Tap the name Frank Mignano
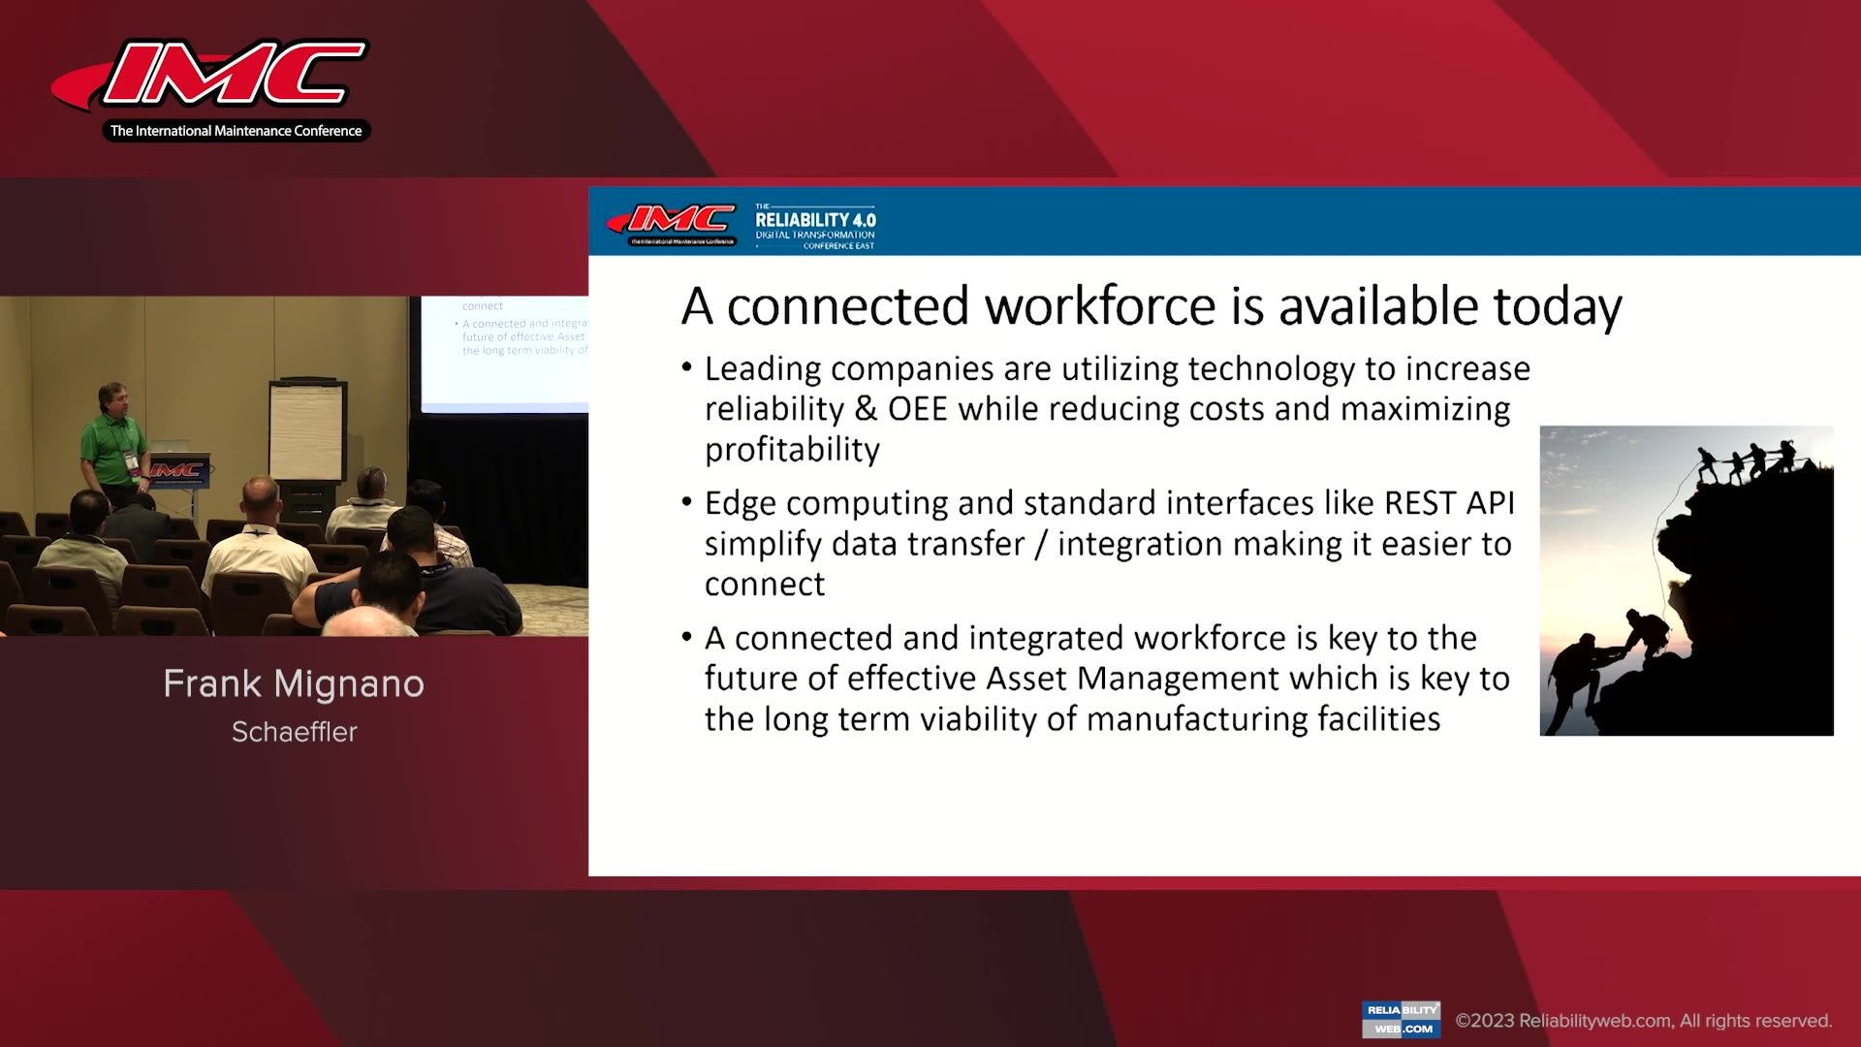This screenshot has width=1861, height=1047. click(x=294, y=684)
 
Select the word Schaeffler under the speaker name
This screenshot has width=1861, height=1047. click(x=295, y=732)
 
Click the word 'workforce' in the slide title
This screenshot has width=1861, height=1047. click(x=1100, y=306)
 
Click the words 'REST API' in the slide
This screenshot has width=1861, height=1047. click(x=1449, y=503)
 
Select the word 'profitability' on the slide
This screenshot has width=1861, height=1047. click(x=792, y=450)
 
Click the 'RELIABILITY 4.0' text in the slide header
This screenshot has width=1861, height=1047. click(x=815, y=220)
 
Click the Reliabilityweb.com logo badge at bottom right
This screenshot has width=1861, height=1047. click(x=1401, y=1020)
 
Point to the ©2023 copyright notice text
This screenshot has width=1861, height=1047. click(x=1644, y=1021)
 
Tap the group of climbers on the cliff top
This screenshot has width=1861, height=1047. click(x=1745, y=460)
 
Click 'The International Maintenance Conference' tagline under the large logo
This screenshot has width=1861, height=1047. click(x=236, y=131)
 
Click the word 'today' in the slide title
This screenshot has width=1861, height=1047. click(x=1557, y=306)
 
